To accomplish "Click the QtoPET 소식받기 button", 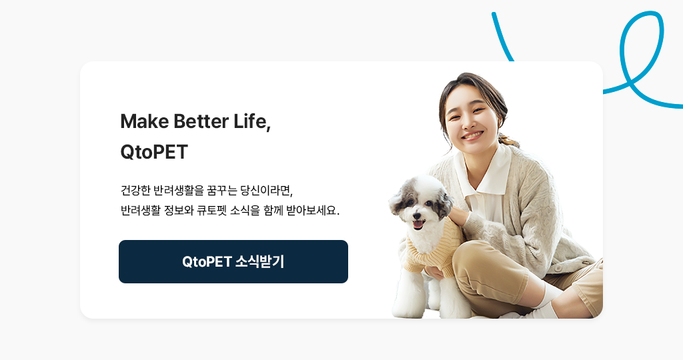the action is pos(233,261).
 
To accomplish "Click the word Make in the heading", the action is pos(145,121).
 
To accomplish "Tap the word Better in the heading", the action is pos(201,121).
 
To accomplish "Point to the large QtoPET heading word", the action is pos(154,152).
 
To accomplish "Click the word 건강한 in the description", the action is pos(135,190).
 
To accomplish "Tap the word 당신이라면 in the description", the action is pos(265,190).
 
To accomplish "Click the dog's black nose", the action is pos(417,215).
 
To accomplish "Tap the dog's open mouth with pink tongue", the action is pos(418,224).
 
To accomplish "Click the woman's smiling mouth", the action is pos(473,135).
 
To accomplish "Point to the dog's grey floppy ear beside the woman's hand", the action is pos(445,203).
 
